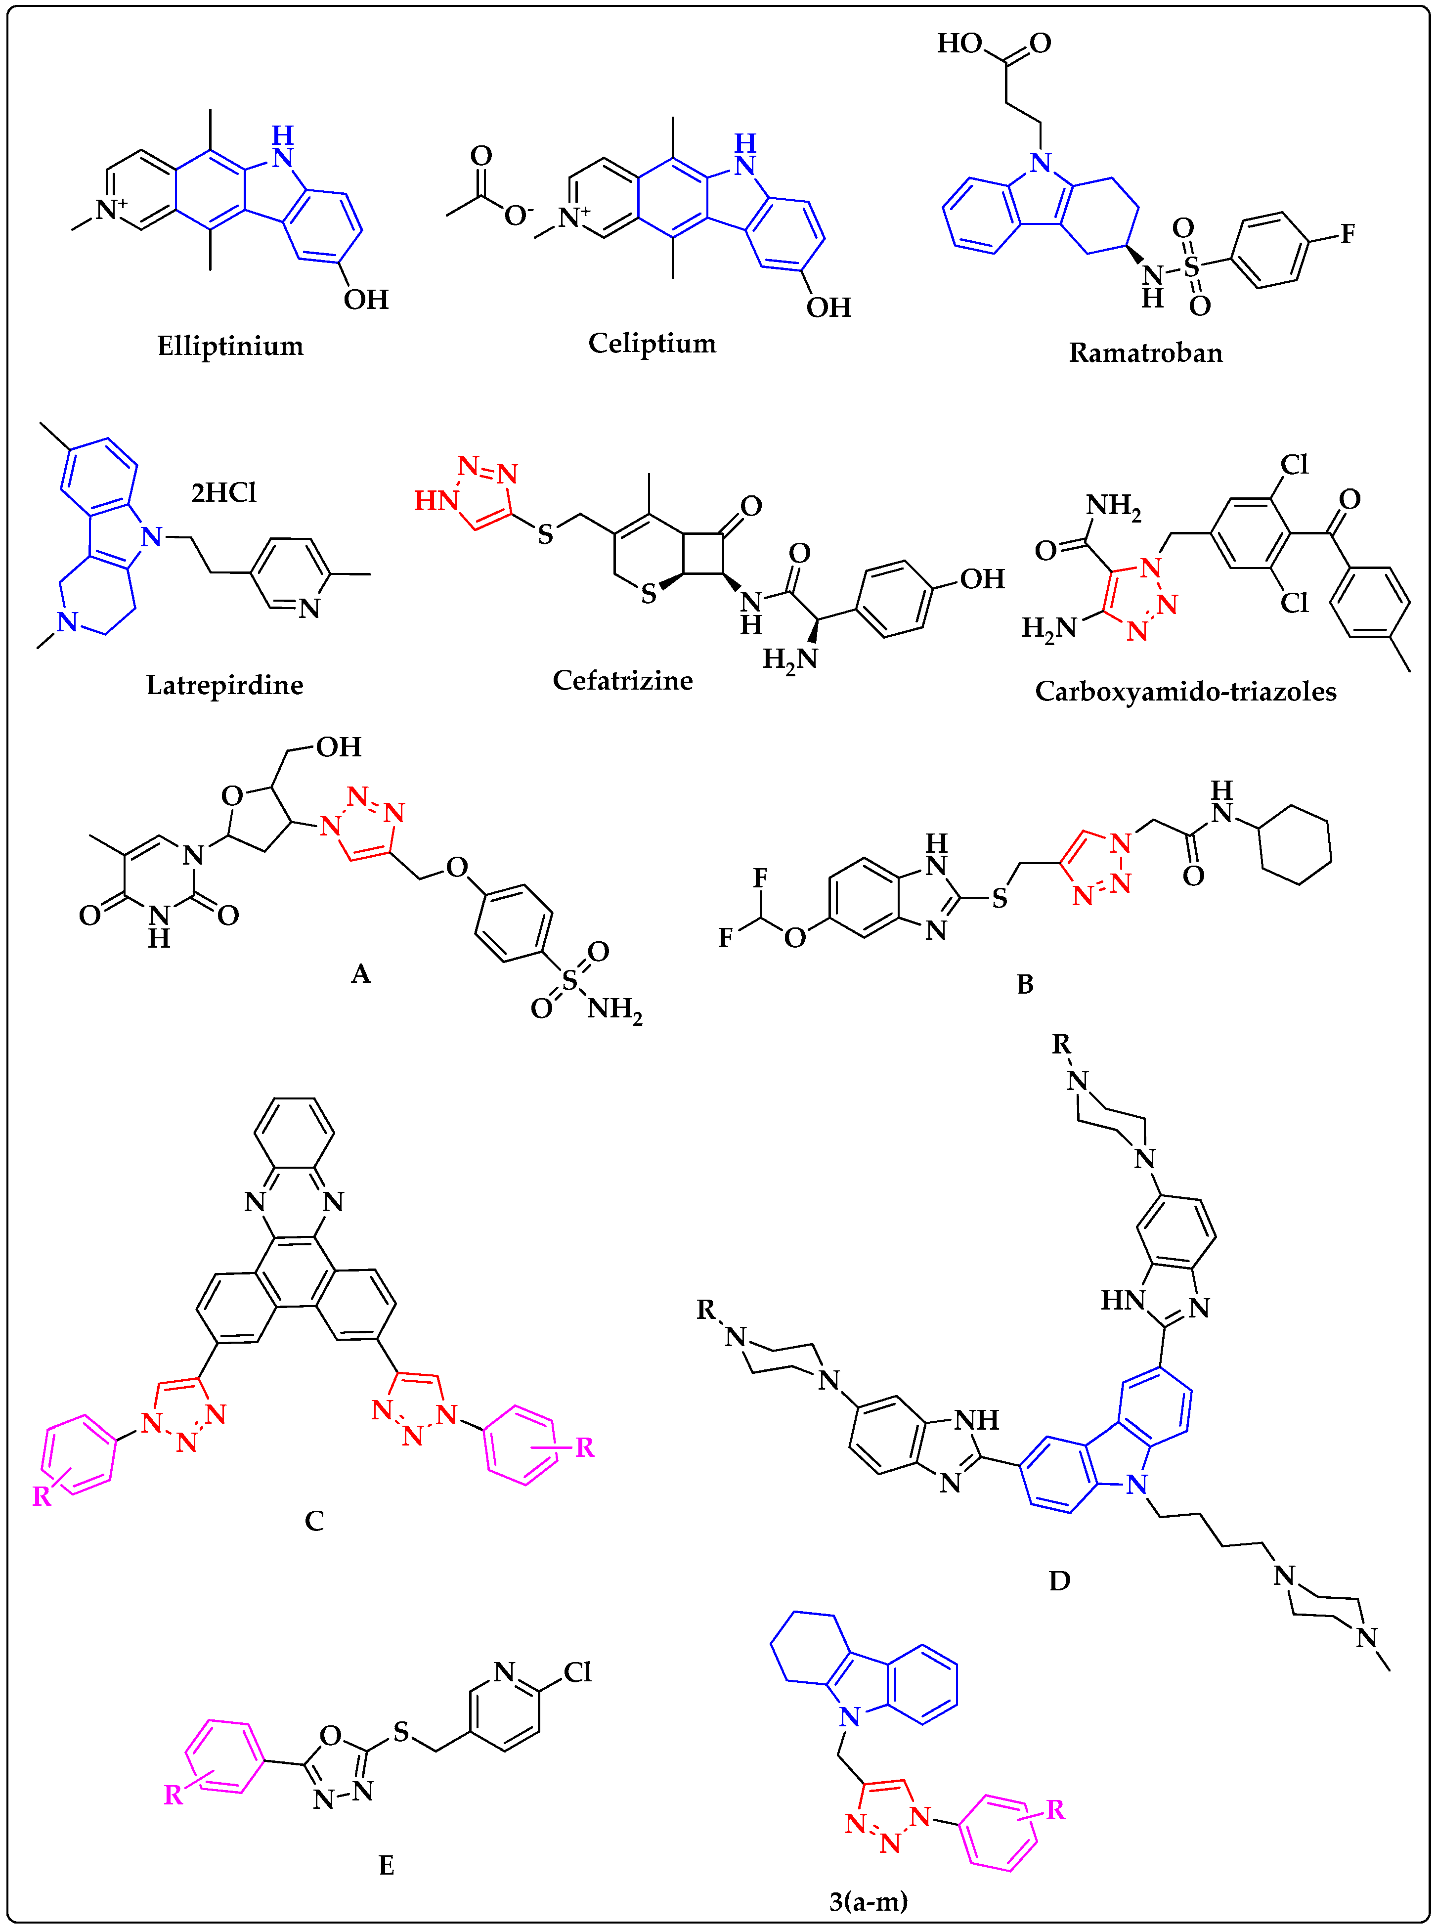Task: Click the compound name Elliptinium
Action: (230, 346)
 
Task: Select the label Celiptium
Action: (652, 344)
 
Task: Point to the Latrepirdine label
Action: (224, 685)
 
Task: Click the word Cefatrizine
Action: (622, 681)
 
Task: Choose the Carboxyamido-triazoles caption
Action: (1185, 692)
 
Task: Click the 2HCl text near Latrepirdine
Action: (223, 493)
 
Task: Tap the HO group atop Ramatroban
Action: (959, 44)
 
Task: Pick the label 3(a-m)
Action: (868, 1902)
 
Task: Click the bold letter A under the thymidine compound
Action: (361, 974)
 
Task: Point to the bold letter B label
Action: (1025, 985)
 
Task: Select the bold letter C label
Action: (314, 1521)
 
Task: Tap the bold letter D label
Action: (1059, 1580)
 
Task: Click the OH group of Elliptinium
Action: (366, 300)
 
